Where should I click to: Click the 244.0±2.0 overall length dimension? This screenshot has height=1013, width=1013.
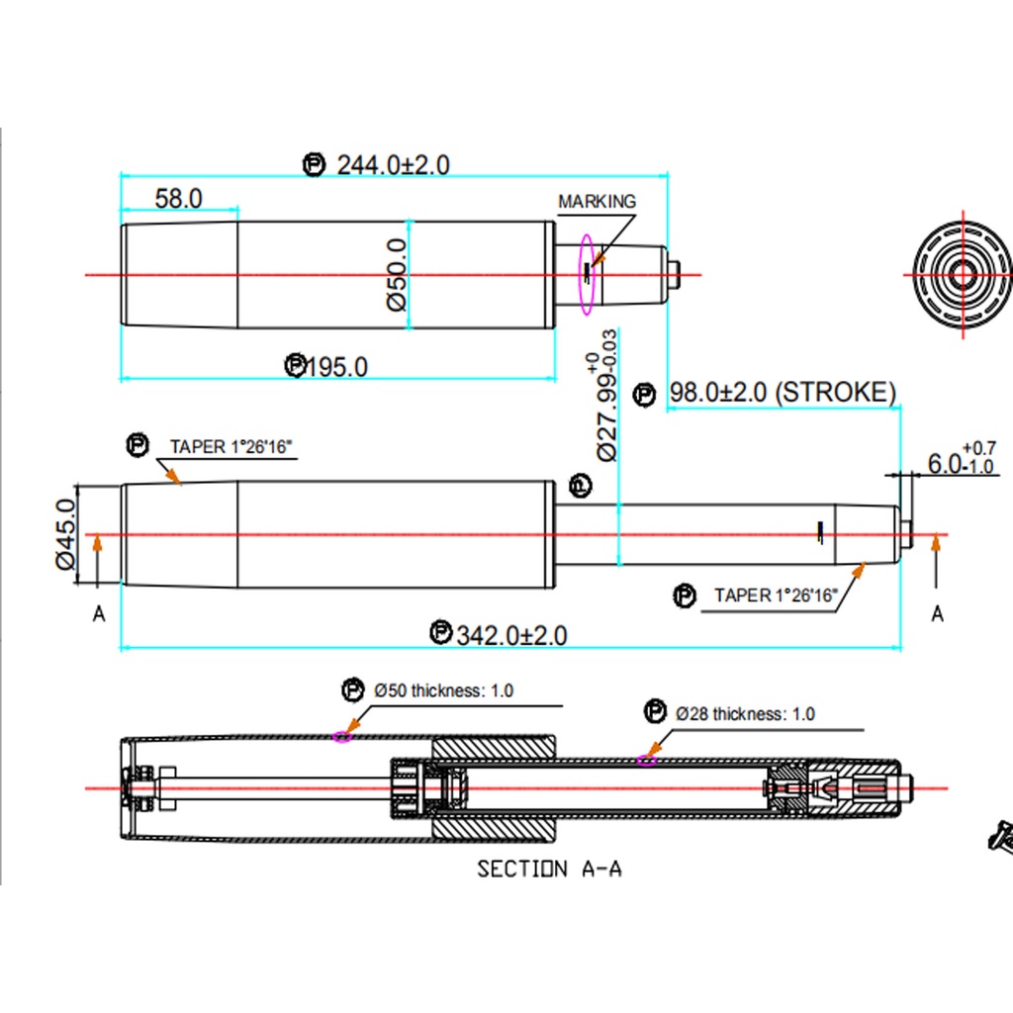(x=393, y=165)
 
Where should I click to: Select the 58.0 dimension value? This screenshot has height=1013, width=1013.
(x=178, y=198)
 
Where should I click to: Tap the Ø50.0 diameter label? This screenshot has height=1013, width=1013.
(x=396, y=275)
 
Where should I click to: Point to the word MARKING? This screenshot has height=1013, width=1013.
(x=597, y=202)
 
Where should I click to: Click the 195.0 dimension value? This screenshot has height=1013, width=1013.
(x=336, y=367)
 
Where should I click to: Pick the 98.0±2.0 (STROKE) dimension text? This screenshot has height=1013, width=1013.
(x=783, y=392)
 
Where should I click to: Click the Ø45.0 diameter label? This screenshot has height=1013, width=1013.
(x=66, y=534)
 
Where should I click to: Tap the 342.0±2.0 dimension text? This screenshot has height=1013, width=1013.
(x=511, y=636)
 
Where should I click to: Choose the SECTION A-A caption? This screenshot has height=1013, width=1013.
(x=549, y=869)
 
